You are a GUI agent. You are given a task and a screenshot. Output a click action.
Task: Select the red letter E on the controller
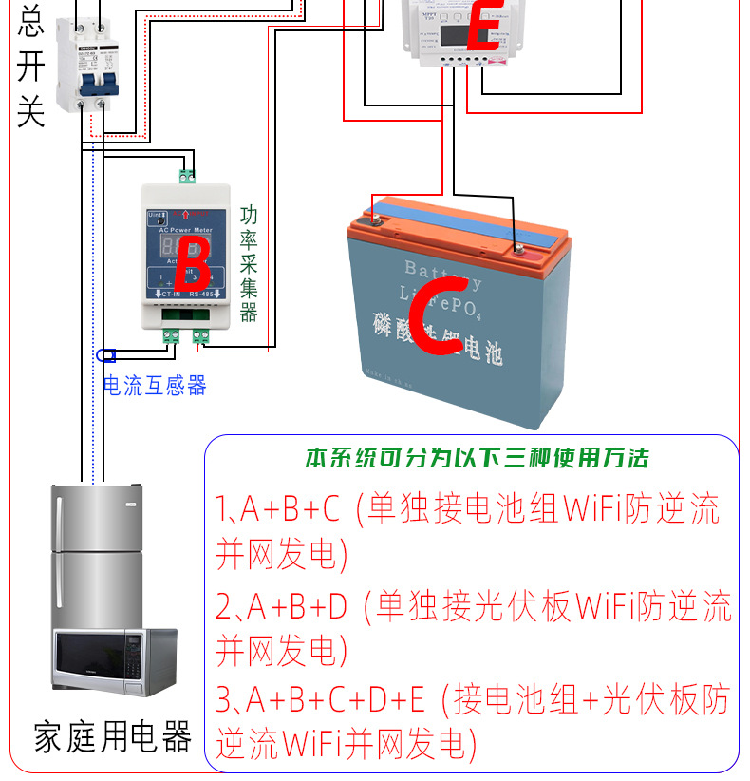(x=483, y=27)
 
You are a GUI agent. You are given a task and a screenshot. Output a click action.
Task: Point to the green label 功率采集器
(x=249, y=263)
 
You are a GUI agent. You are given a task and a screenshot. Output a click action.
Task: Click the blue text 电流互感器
(x=154, y=385)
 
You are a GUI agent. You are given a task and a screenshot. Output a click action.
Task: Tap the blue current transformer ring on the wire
(x=106, y=355)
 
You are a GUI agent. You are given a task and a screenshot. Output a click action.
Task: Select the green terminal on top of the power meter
(x=186, y=176)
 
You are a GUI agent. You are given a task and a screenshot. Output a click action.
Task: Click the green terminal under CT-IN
(x=172, y=335)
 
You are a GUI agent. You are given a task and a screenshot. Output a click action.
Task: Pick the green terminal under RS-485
(x=201, y=335)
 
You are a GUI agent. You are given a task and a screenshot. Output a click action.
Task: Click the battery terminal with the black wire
(x=518, y=250)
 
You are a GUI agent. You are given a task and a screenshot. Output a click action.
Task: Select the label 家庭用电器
(x=113, y=736)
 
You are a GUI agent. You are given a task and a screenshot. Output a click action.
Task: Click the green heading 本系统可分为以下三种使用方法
(x=477, y=459)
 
